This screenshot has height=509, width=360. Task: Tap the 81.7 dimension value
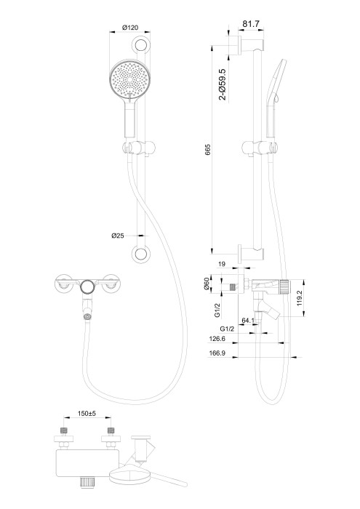click(252, 25)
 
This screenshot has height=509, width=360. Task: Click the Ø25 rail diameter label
click(119, 236)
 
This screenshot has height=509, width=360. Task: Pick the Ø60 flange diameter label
click(207, 285)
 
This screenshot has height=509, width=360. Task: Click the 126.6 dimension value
click(217, 338)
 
